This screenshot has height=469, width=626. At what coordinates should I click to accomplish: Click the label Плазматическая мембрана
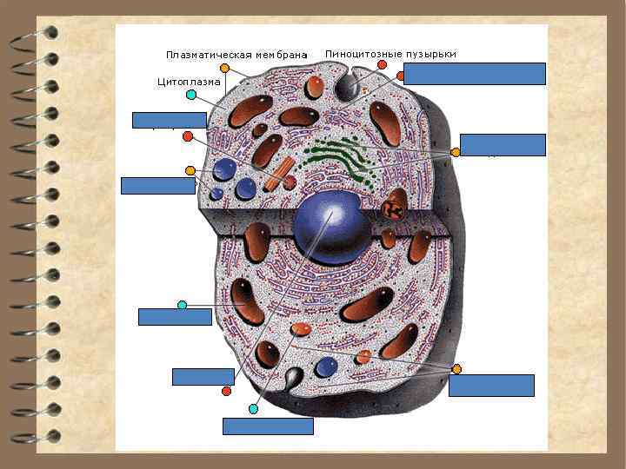[236, 56]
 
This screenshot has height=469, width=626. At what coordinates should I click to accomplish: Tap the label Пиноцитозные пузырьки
[390, 54]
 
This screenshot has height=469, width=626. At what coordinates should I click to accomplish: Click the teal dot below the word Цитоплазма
[190, 95]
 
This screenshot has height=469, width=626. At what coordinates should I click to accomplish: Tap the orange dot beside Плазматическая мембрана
[225, 68]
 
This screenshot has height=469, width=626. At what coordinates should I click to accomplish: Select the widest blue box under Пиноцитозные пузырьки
[475, 74]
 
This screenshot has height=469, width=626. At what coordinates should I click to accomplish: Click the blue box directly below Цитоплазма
[169, 120]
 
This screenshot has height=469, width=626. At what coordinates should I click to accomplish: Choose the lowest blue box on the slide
[268, 426]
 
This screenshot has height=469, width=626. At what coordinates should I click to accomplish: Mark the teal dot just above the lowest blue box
[253, 408]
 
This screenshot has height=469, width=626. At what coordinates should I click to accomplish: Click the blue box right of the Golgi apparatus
[503, 145]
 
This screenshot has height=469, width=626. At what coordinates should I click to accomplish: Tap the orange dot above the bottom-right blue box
[456, 369]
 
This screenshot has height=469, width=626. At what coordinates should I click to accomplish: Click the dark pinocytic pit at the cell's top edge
[347, 86]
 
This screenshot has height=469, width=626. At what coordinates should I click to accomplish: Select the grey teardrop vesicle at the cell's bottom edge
[293, 378]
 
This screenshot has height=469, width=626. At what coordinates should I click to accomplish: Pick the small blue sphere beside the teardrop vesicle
[326, 367]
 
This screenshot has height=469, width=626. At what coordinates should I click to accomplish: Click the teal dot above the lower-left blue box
[182, 305]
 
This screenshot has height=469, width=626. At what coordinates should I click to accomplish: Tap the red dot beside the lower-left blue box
[226, 391]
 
